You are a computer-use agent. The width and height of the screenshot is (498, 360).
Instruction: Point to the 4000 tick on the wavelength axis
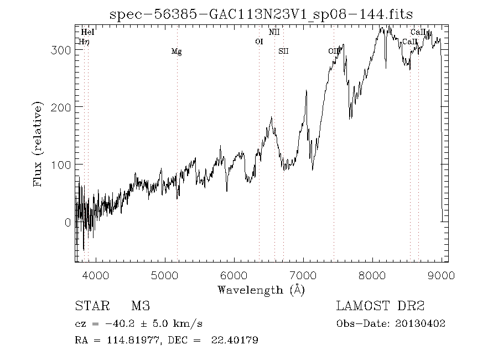(x=95, y=275)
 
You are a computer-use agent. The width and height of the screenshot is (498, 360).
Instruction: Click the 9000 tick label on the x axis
(x=442, y=275)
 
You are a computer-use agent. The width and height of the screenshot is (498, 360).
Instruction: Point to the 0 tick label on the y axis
(x=67, y=223)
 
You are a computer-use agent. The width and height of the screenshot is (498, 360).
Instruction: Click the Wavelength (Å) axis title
(x=261, y=290)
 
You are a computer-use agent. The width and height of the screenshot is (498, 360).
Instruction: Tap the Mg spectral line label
(x=177, y=52)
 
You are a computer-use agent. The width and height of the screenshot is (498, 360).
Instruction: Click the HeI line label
(x=87, y=33)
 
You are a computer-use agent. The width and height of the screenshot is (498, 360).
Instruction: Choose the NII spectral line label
(x=274, y=33)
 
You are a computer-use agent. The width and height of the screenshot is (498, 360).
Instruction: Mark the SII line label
(x=283, y=52)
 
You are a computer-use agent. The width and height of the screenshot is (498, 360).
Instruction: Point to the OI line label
(x=259, y=42)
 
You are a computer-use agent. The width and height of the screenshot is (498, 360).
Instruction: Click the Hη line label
(x=84, y=42)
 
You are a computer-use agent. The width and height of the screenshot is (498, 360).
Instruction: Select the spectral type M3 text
(x=141, y=306)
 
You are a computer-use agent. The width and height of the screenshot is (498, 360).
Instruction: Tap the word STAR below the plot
(x=91, y=306)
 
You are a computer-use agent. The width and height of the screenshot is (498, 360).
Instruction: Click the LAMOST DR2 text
(x=380, y=306)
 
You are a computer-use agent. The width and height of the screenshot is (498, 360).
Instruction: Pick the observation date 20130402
(x=422, y=324)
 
